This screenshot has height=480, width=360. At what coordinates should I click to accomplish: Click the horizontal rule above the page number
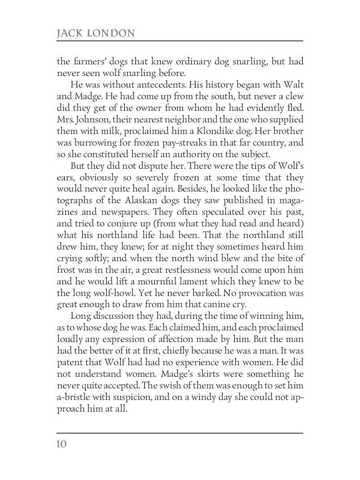coord(180,432)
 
